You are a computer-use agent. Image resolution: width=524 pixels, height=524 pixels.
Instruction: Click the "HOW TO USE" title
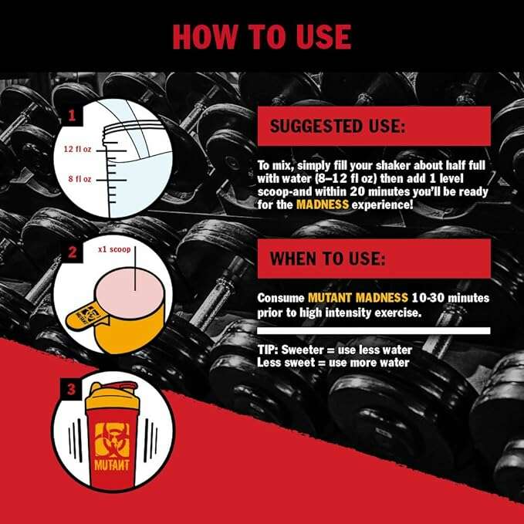click(x=262, y=37)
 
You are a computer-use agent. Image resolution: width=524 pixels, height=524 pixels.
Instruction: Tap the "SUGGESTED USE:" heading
click(x=337, y=127)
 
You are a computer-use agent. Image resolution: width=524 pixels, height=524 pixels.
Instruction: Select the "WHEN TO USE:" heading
click(x=327, y=259)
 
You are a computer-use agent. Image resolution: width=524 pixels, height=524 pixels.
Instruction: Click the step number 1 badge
click(x=72, y=116)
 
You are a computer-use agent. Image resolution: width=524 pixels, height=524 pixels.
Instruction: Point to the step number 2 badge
click(x=73, y=252)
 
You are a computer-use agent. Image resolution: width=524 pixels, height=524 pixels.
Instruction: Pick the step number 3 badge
click(x=71, y=389)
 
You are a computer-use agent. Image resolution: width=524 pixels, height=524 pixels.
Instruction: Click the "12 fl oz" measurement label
click(x=77, y=149)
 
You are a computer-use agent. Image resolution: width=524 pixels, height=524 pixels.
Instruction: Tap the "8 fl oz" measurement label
click(x=79, y=179)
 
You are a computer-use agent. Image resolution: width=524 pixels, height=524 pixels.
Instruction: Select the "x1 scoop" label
click(x=114, y=249)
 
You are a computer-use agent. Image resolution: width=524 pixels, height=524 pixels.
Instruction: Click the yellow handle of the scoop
click(x=86, y=316)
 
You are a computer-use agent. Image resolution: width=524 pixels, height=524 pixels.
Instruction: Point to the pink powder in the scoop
click(x=130, y=293)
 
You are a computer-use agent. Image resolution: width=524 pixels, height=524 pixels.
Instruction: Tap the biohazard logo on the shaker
click(x=112, y=440)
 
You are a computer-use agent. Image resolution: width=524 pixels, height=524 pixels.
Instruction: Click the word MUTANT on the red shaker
click(x=112, y=465)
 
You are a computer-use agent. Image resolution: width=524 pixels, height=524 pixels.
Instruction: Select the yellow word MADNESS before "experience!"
click(x=323, y=205)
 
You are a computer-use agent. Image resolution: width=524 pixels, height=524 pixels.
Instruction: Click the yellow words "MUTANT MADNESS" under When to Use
click(x=358, y=297)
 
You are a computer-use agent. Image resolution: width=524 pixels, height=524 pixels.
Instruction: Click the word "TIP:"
click(x=268, y=350)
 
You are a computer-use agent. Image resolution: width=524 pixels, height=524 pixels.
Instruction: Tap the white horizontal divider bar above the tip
click(x=374, y=331)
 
